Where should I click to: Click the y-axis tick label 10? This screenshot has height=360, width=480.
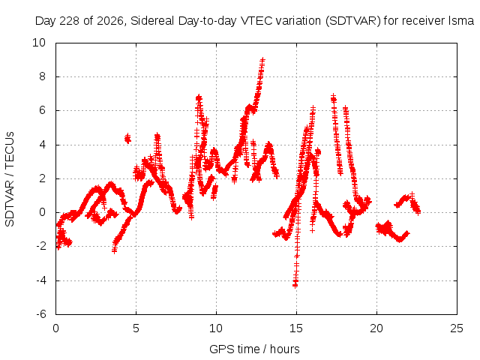[39, 43]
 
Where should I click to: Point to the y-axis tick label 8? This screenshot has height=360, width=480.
[42, 76]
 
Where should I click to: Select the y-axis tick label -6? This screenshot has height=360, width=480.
[41, 314]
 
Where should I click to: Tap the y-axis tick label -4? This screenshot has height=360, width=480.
[41, 280]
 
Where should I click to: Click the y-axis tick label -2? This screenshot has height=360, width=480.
[41, 246]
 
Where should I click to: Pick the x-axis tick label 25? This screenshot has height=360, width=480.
[457, 328]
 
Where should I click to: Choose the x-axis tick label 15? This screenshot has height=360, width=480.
[296, 328]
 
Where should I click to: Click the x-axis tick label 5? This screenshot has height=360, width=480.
[136, 328]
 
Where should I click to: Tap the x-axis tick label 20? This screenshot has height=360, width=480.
[376, 328]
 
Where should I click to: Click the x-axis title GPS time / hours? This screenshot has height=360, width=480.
[254, 349]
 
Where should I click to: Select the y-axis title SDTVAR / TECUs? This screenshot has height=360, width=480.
[10, 179]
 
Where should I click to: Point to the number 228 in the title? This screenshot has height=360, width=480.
[70, 21]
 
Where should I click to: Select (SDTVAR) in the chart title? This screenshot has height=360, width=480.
[353, 21]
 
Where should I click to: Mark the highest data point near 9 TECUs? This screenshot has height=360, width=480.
[262, 59]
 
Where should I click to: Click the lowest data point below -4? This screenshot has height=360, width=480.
[295, 285]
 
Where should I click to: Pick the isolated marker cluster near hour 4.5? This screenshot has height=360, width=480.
[127, 139]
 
